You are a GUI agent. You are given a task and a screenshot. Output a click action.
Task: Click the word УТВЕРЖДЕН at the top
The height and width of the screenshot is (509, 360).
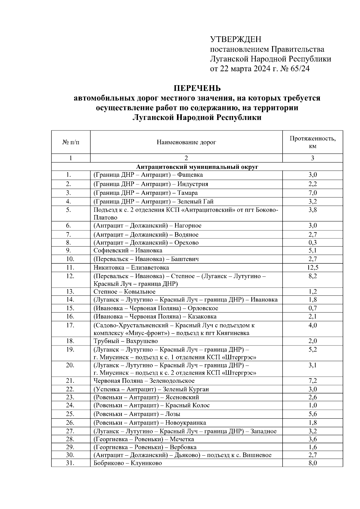tap(235, 39)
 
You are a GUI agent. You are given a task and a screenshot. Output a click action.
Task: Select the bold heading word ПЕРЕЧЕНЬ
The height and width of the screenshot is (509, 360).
tap(197, 88)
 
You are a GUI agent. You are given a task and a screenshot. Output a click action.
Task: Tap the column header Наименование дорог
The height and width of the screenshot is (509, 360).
tap(186, 142)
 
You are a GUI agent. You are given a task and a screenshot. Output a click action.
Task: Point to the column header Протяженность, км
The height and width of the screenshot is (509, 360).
tap(312, 142)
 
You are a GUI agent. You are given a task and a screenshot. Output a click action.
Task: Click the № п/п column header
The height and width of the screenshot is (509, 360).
tap(71, 142)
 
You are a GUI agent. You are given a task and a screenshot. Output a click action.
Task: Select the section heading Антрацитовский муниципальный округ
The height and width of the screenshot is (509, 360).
tap(197, 167)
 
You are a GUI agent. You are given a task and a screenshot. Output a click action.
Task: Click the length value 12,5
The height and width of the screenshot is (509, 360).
tap(313, 268)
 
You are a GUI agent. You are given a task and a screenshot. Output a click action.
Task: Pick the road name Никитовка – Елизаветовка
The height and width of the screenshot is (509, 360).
tap(131, 268)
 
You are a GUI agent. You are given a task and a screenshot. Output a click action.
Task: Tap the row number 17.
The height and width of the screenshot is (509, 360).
tap(70, 325)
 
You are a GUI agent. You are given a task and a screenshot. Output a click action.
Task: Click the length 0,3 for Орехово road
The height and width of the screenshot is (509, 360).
tap(313, 243)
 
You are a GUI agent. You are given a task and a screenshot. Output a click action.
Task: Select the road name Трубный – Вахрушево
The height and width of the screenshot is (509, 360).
tap(125, 341)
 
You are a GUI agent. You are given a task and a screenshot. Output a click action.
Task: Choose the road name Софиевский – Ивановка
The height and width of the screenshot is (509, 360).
tap(128, 250)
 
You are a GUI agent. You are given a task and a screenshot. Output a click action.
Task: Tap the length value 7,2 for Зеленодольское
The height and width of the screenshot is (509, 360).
tap(313, 381)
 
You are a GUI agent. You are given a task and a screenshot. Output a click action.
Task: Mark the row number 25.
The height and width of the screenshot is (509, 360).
tap(70, 414)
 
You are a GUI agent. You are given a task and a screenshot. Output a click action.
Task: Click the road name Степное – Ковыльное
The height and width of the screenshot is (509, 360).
tap(124, 292)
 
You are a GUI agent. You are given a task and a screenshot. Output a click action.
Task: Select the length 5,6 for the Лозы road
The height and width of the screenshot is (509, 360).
tap(313, 414)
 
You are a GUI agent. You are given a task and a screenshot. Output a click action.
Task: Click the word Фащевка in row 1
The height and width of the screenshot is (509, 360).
tap(190, 175)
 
